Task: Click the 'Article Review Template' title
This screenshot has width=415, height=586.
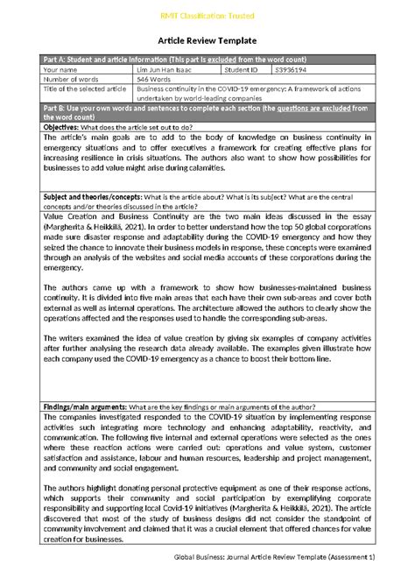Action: point(207,40)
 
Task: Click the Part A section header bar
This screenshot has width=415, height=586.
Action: point(207,59)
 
